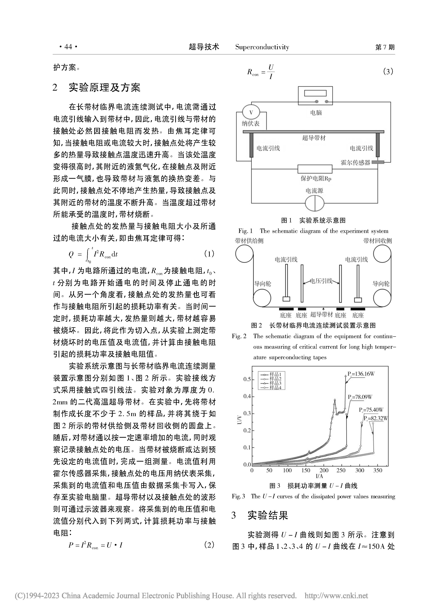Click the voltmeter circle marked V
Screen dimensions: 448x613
(x=251, y=112)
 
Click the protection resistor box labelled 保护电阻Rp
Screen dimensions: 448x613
(x=315, y=169)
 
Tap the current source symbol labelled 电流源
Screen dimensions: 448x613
(x=315, y=203)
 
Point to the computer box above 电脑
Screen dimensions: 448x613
(x=315, y=96)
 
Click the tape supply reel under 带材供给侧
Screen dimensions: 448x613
(x=244, y=254)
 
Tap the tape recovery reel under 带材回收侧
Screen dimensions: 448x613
(x=382, y=254)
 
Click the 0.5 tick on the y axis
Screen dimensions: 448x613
(x=247, y=379)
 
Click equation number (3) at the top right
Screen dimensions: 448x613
(x=388, y=72)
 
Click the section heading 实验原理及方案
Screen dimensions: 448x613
(x=104, y=87)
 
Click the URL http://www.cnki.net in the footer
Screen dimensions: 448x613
(x=336, y=596)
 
